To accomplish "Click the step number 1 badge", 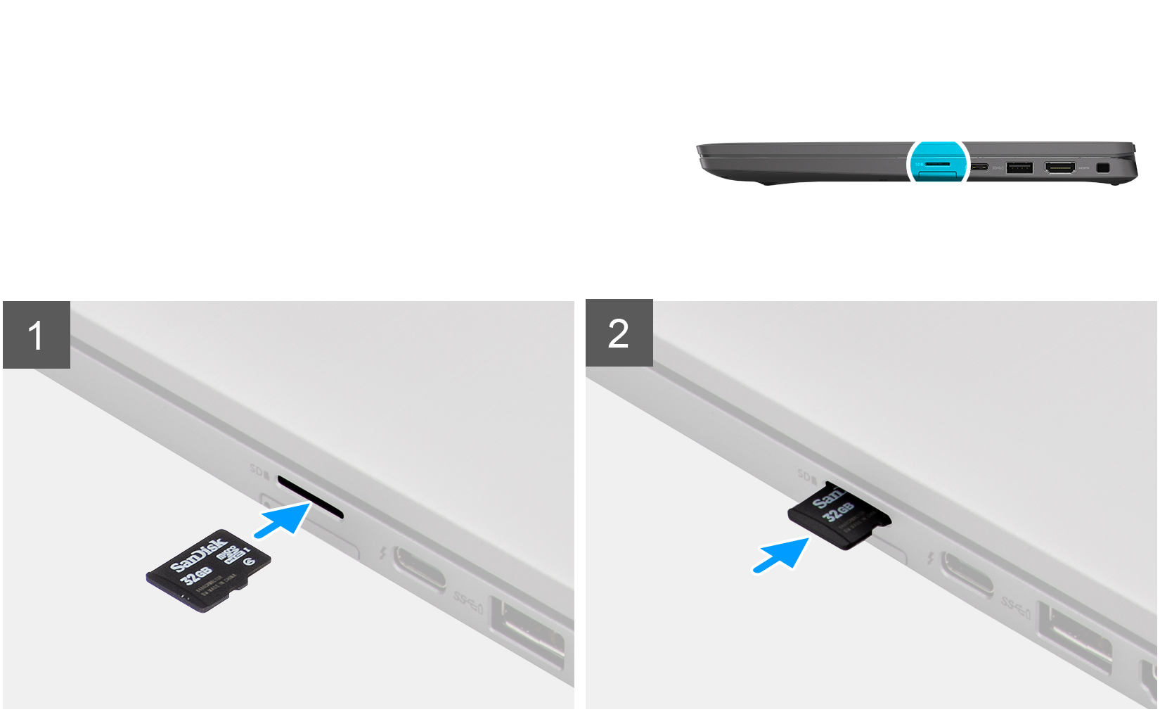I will tap(37, 335).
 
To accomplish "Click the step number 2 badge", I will tap(619, 333).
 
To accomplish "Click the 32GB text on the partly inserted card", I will tap(839, 511).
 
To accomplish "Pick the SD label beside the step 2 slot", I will tap(807, 476).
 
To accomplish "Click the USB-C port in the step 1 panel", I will tap(419, 568).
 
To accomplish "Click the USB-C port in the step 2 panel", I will tap(967, 573).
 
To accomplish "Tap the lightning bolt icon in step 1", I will tap(382, 554).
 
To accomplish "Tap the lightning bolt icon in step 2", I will tap(931, 559).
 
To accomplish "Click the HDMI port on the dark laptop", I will tap(1059, 168).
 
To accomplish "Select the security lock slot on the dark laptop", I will tap(1102, 169).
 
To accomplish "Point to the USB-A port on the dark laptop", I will tap(1019, 167).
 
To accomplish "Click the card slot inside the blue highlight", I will tap(938, 163).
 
